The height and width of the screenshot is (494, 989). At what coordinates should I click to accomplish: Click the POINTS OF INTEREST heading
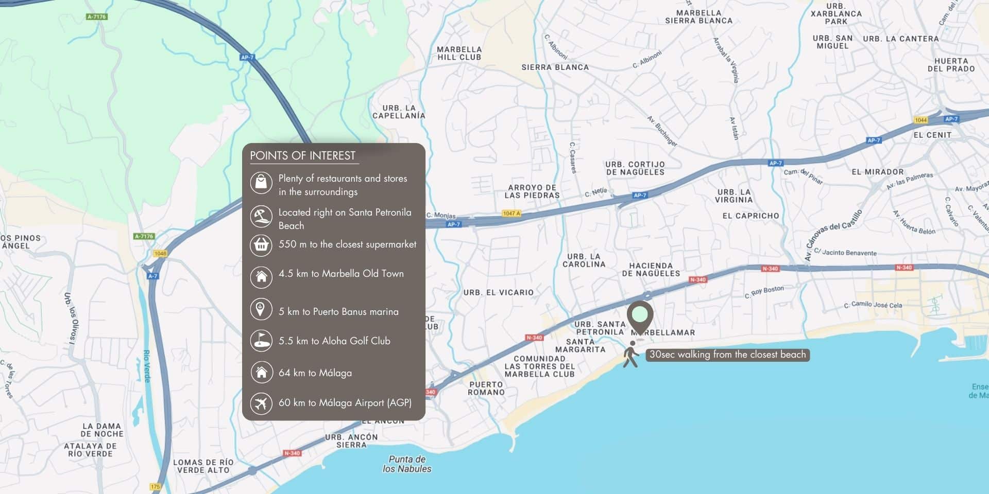pyautogui.click(x=302, y=156)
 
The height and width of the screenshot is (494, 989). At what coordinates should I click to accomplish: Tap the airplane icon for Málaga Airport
pyautogui.click(x=261, y=402)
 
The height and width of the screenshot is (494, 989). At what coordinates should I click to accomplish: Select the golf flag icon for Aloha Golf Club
pyautogui.click(x=261, y=341)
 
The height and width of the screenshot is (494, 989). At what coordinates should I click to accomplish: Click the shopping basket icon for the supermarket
pyautogui.click(x=261, y=245)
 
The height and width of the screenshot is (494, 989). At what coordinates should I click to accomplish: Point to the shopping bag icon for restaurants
pyautogui.click(x=261, y=183)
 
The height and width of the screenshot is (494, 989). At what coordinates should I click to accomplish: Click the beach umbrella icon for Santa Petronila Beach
pyautogui.click(x=261, y=217)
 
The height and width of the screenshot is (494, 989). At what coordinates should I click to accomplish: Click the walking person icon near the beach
pyautogui.click(x=631, y=355)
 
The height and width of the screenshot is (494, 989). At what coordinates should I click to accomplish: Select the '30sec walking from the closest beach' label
pyautogui.click(x=727, y=355)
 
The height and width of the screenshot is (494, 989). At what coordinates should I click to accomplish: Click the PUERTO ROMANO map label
pyautogui.click(x=486, y=388)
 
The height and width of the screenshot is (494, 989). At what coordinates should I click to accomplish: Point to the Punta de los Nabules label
pyautogui.click(x=407, y=464)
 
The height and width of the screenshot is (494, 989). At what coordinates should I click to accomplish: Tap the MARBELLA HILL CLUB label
pyautogui.click(x=459, y=54)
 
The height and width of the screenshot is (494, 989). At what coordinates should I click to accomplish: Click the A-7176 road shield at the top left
pyautogui.click(x=96, y=17)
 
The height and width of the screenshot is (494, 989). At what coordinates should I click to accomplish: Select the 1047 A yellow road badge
pyautogui.click(x=511, y=213)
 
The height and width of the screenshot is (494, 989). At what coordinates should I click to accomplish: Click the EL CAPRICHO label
pyautogui.click(x=751, y=216)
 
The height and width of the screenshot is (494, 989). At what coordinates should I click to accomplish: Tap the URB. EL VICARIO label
pyautogui.click(x=498, y=292)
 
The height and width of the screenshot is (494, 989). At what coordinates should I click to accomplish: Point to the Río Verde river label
pyautogui.click(x=147, y=366)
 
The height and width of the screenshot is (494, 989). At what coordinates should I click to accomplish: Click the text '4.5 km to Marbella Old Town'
pyautogui.click(x=341, y=274)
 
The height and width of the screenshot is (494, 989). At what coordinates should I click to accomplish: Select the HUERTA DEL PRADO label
pyautogui.click(x=951, y=65)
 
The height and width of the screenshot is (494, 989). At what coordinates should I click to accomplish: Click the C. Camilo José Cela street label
pyautogui.click(x=873, y=305)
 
